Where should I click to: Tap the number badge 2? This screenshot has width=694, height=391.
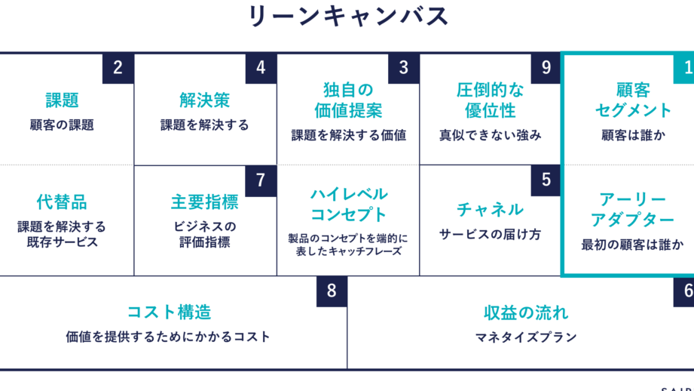point(118,68)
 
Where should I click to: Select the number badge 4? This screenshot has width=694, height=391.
point(261,68)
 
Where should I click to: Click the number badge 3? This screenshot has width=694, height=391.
point(404,68)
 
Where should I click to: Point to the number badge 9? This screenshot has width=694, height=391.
point(546,68)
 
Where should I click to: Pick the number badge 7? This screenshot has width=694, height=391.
point(261,180)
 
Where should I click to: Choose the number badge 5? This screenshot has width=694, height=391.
point(546,180)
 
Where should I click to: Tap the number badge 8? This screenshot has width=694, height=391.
point(332,291)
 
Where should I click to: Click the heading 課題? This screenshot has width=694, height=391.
point(62,100)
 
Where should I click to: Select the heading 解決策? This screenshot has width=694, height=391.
point(204,100)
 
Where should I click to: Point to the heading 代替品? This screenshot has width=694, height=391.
point(62,202)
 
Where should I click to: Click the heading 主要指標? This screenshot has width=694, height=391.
point(204,202)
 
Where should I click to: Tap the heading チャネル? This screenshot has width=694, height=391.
point(490,209)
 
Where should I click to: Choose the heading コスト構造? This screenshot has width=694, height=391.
point(168,312)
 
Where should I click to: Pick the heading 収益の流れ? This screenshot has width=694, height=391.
point(526,312)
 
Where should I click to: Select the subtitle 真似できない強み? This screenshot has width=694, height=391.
point(491,136)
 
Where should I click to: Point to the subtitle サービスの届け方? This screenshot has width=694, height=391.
point(491,235)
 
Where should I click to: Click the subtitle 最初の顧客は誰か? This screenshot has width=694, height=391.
point(633,245)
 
